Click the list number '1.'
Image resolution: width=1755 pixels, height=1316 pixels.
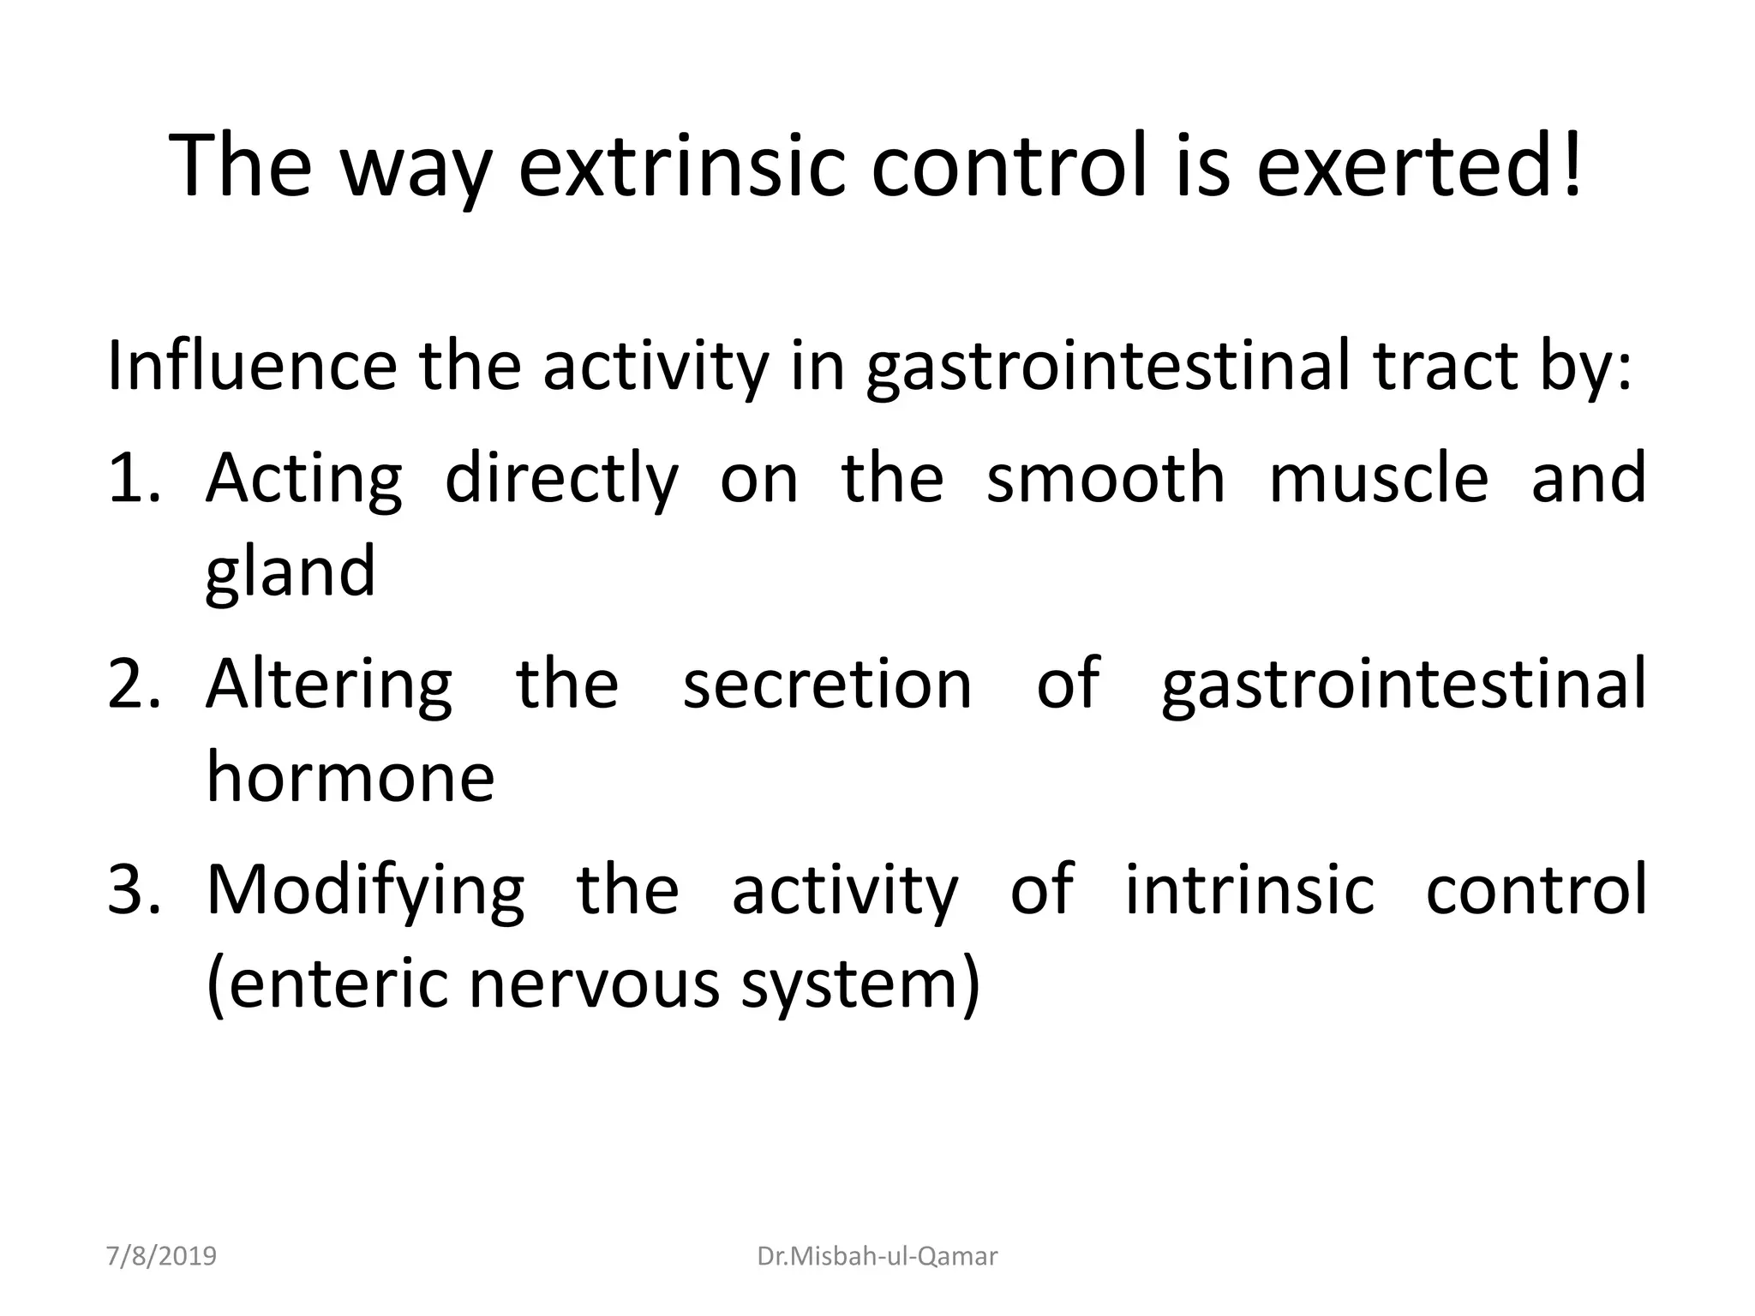133,478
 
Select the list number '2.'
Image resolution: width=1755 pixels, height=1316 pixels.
133,685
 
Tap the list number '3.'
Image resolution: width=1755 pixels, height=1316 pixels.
133,890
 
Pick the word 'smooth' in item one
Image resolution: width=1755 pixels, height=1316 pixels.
1105,478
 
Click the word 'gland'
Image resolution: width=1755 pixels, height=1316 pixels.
290,572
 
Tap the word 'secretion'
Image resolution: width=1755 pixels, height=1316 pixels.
827,685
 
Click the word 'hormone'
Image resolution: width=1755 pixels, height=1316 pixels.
350,778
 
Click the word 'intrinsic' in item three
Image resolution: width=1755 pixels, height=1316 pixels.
1249,890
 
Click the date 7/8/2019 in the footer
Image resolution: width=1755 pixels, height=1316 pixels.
161,1256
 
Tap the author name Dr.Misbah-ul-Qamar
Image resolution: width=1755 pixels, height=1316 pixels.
877,1256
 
